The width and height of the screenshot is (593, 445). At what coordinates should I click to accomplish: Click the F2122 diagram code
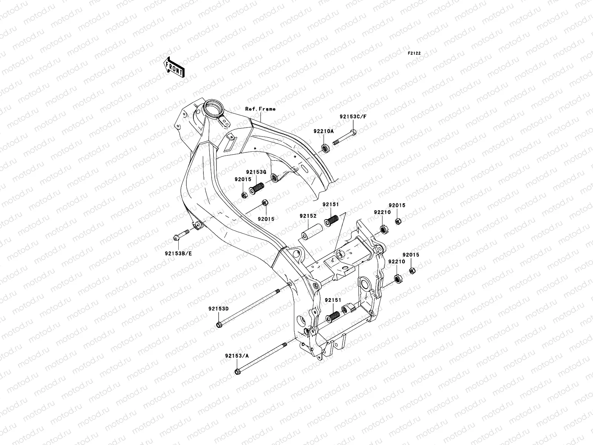415,53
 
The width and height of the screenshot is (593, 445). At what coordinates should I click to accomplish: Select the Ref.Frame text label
260,109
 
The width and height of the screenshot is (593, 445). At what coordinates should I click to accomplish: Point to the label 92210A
324,131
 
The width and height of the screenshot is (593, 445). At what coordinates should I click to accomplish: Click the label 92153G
256,172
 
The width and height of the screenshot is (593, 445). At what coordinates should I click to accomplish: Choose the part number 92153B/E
178,254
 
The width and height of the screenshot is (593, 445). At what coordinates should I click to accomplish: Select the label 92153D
218,309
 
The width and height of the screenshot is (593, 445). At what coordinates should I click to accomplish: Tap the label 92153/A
236,355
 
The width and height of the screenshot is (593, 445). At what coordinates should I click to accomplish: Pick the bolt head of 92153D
218,325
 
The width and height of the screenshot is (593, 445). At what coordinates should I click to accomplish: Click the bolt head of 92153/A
237,371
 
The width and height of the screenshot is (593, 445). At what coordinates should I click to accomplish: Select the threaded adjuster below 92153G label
255,189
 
